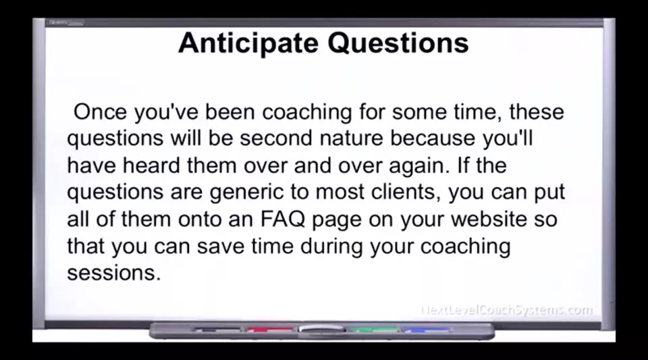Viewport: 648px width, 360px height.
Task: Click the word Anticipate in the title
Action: (248, 43)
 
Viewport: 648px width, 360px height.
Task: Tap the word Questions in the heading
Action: (398, 43)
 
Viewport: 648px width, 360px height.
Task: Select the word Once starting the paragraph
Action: (100, 111)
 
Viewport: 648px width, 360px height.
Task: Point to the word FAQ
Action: (283, 219)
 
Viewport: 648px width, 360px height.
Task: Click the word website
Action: (489, 219)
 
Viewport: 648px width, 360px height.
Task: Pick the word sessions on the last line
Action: (113, 273)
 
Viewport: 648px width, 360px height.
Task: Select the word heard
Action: (151, 165)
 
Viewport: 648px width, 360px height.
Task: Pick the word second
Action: (275, 138)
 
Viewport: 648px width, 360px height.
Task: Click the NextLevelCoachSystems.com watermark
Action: (507, 310)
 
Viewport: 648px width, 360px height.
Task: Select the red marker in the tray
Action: (270, 330)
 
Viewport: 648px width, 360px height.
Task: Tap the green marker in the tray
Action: (374, 330)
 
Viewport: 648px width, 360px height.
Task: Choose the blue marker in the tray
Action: (427, 330)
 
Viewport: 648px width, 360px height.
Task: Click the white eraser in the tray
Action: (322, 329)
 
